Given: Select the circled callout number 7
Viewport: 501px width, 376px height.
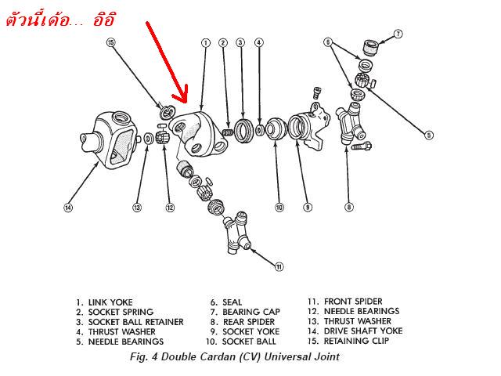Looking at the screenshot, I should coord(398,34).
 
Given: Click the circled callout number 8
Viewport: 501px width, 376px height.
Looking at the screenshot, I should coord(348,208).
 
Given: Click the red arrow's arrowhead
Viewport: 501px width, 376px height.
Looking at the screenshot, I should coord(183,100).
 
